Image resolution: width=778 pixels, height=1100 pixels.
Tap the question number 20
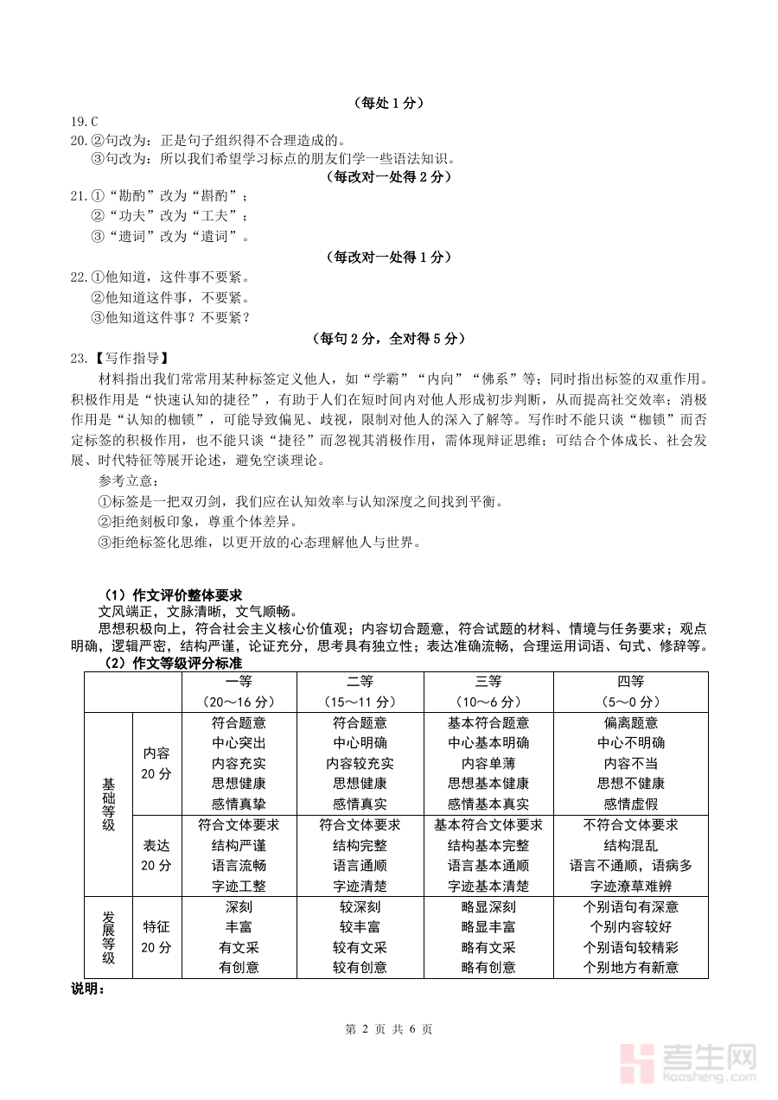point(78,140)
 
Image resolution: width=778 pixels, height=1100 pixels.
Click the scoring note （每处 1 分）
point(388,103)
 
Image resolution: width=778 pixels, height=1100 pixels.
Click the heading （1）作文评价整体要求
point(173,595)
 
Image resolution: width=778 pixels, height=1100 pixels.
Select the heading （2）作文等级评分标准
point(173,663)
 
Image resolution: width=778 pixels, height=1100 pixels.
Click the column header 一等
point(239,682)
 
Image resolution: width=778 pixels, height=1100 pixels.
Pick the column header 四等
point(631,682)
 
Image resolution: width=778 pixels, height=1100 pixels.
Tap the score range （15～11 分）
point(360,702)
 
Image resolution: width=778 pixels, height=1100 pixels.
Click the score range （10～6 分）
point(488,702)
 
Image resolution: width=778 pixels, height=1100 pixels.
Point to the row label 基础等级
point(108,804)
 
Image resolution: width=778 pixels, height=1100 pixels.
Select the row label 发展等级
point(108,938)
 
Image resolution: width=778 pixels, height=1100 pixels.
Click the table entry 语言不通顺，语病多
point(631,866)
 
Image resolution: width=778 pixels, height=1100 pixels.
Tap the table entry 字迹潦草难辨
point(631,886)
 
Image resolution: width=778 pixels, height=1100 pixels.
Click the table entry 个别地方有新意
point(631,968)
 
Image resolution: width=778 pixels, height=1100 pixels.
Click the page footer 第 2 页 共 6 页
point(388,1029)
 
